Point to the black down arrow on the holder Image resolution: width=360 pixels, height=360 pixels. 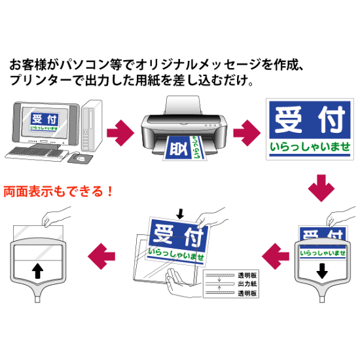pos(322,269)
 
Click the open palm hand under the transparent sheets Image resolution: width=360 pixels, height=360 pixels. pos(181,283)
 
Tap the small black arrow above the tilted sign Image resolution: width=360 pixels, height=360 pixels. pos(181,213)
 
